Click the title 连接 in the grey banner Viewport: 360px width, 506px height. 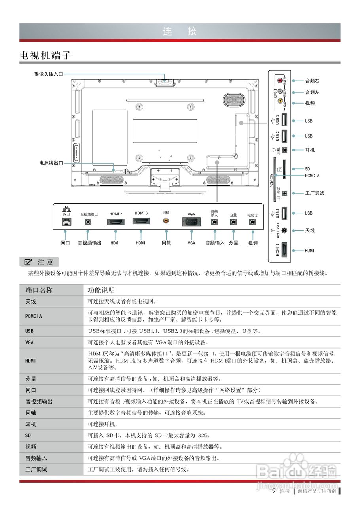(180, 32)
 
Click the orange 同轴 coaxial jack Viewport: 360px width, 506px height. (166, 222)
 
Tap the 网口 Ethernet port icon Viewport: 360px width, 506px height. (65, 222)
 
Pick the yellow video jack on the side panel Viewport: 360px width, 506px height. (280, 101)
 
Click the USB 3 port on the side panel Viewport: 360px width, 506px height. (284, 213)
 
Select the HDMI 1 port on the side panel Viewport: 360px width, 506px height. (284, 250)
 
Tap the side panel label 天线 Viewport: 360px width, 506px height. (310, 230)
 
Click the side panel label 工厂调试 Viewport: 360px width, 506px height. (315, 193)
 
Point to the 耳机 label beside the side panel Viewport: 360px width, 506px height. (310, 150)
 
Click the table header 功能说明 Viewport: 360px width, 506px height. (101, 290)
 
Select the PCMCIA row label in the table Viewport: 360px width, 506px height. (34, 316)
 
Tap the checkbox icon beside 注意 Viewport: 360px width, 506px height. (28, 262)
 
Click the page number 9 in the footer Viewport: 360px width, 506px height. (273, 491)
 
